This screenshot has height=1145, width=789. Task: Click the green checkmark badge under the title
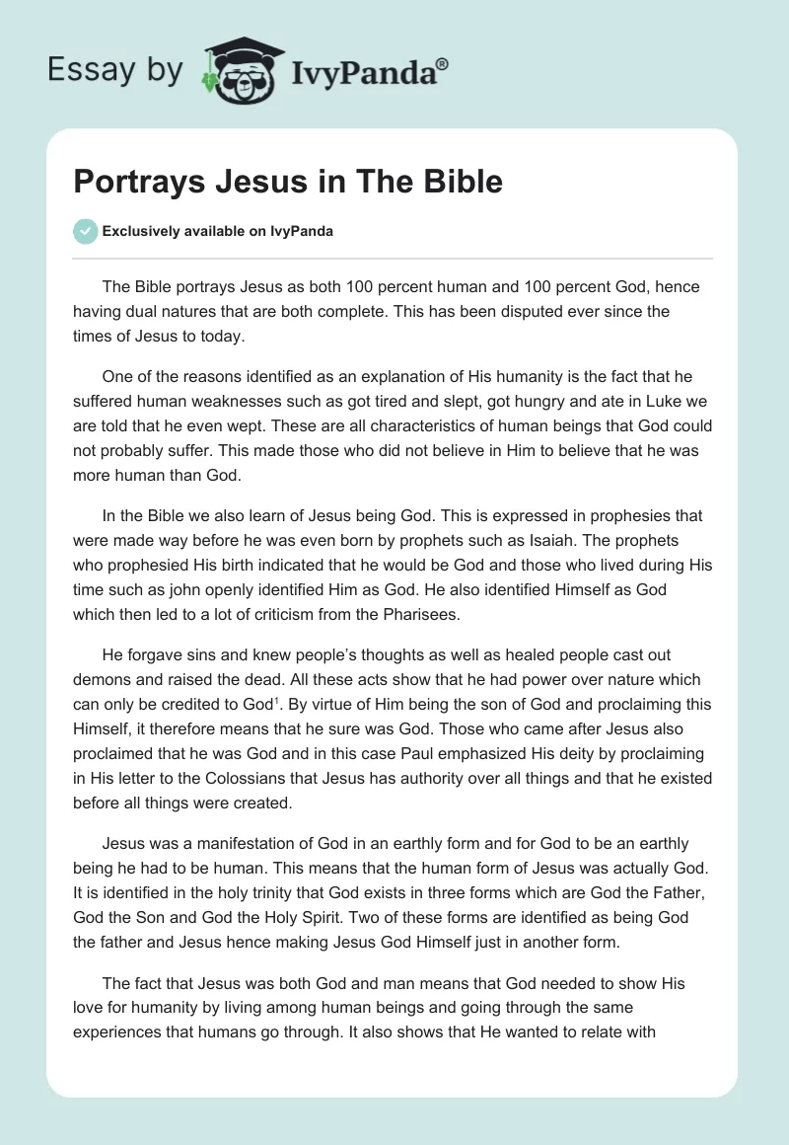(x=85, y=231)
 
